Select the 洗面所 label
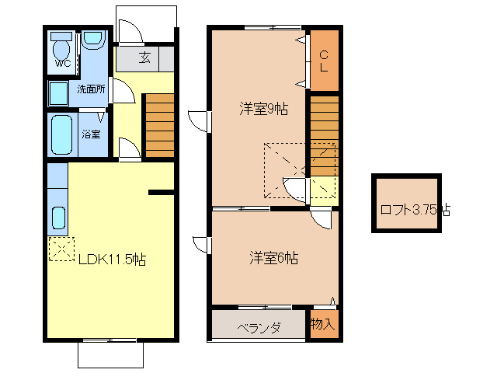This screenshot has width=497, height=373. pos(91,89)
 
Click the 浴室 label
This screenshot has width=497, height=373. pos(91,134)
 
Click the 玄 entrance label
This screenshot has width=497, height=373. pos(145,58)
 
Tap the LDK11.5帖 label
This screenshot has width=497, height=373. pos(111,260)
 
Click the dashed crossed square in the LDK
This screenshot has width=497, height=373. pos(60,248)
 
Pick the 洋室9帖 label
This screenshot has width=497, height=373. pos(262,110)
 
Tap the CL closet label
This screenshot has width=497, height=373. pos(325,60)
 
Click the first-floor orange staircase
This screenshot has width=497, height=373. pos(160,124)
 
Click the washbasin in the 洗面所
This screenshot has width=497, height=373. pos(59,93)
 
